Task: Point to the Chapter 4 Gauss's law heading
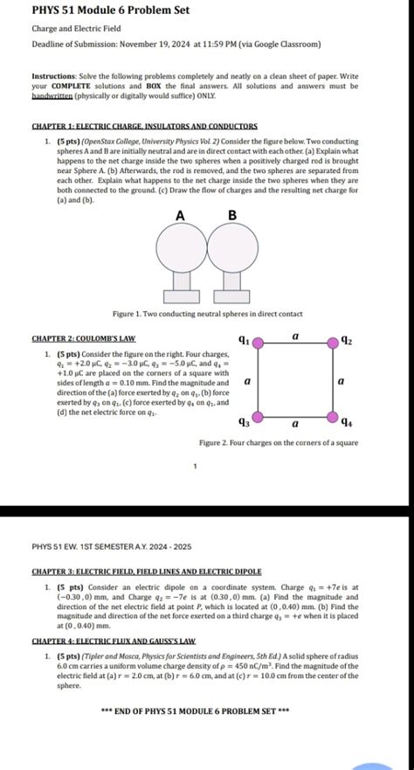pyautogui.click(x=114, y=641)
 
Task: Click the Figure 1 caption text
pyautogui.click(x=207, y=313)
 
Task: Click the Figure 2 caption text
pyautogui.click(x=278, y=444)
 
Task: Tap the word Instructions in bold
pyautogui.click(x=55, y=77)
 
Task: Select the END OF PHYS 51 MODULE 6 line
pyautogui.click(x=207, y=711)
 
